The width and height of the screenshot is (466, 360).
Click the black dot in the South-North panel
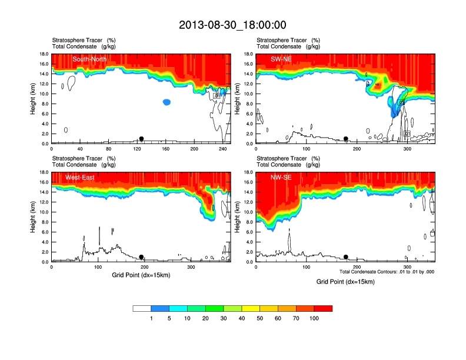(141, 139)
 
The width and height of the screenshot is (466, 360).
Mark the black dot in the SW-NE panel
(346, 139)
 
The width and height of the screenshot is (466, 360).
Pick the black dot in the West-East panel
(141, 257)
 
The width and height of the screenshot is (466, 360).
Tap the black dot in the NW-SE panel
(346, 257)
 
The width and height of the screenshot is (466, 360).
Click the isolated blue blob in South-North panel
(167, 102)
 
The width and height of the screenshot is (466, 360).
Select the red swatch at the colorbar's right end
(323, 308)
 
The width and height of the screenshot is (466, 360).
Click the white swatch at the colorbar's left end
(142, 308)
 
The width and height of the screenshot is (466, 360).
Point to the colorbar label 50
(259, 318)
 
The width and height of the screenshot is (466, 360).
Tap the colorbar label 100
(314, 318)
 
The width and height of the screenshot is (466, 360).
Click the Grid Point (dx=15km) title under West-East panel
(141, 275)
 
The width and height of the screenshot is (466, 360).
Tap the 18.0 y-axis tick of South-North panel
(44, 54)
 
